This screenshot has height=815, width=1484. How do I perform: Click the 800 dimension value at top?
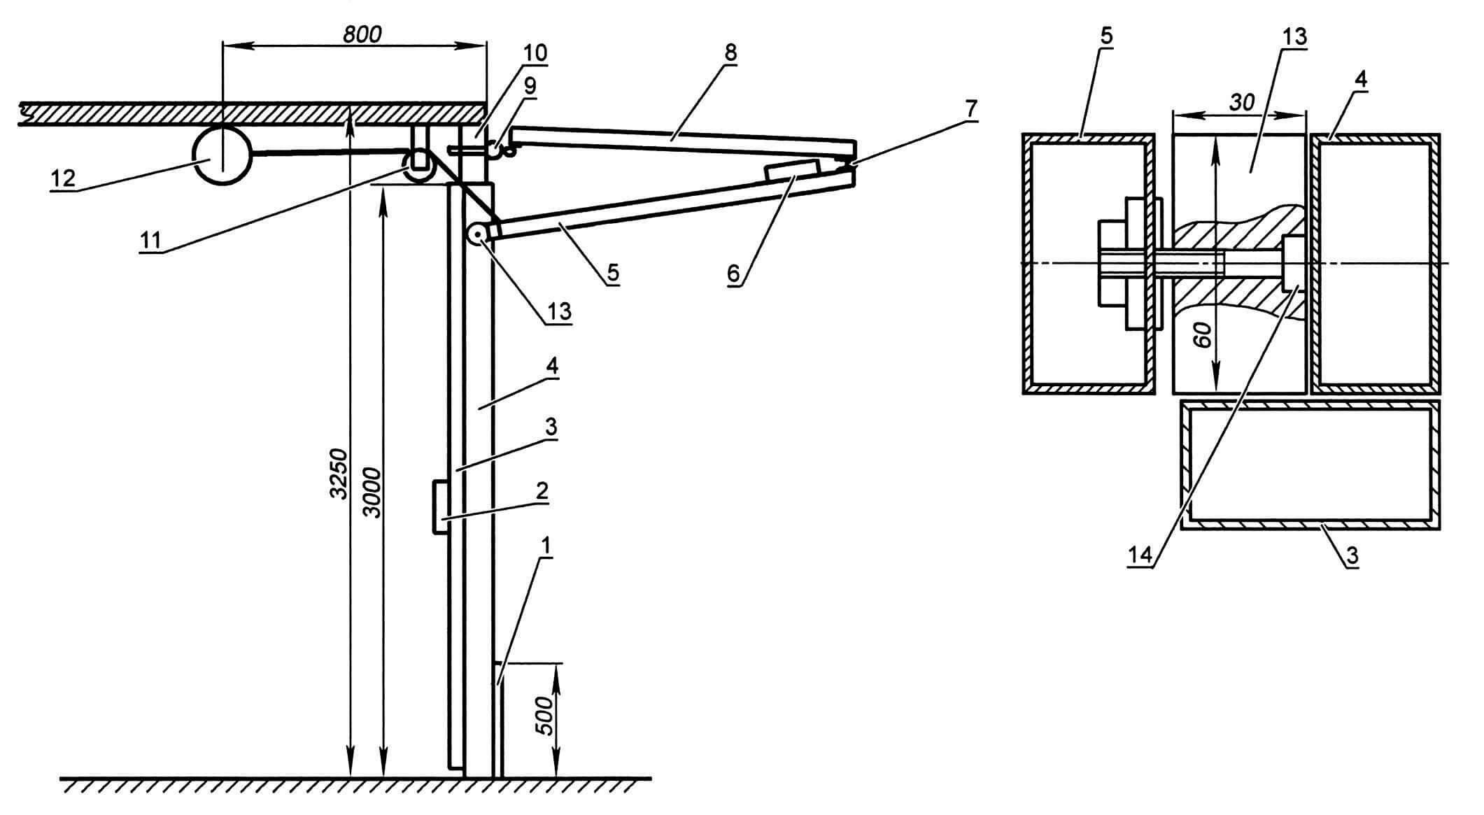[x=362, y=34]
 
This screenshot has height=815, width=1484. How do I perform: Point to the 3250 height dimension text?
[x=339, y=472]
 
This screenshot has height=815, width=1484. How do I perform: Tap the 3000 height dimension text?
[x=373, y=492]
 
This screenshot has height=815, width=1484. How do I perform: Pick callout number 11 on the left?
[x=150, y=240]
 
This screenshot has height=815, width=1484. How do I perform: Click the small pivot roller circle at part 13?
[x=478, y=234]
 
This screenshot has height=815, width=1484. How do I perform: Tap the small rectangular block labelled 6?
[x=793, y=171]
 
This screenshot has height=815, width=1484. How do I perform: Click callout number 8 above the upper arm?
[x=731, y=52]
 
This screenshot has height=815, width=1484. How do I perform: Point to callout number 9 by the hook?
[x=530, y=86]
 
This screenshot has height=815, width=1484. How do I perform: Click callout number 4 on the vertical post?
[x=551, y=367]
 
